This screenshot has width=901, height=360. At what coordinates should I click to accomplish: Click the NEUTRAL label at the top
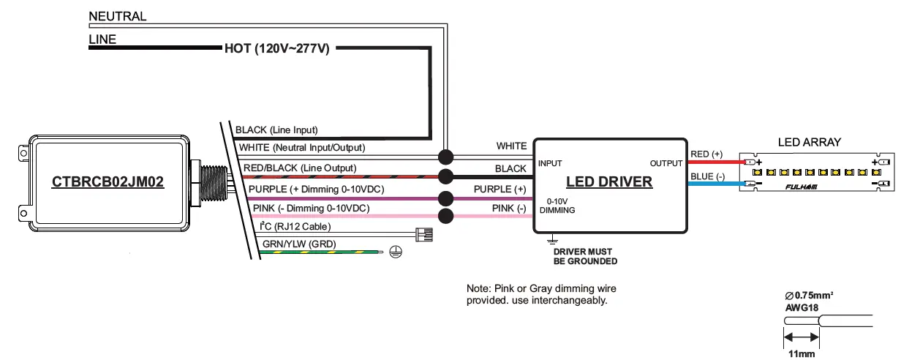point(117,16)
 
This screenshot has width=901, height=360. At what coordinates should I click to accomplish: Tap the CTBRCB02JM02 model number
point(108,181)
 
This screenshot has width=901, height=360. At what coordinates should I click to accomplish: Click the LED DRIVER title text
point(609,181)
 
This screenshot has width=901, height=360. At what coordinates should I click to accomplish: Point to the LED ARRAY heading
point(810,142)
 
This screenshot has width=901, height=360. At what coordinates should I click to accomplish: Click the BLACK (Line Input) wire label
point(276,130)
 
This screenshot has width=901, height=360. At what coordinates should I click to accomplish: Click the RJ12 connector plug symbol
point(423,235)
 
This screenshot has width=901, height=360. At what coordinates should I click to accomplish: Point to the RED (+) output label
point(706,154)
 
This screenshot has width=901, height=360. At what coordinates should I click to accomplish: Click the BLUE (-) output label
point(706,176)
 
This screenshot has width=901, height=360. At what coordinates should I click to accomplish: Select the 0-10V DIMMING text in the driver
point(558,205)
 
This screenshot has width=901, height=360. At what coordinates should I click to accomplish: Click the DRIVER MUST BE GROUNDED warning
point(585,256)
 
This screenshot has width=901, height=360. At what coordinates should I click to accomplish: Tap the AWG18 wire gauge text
point(802,308)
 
